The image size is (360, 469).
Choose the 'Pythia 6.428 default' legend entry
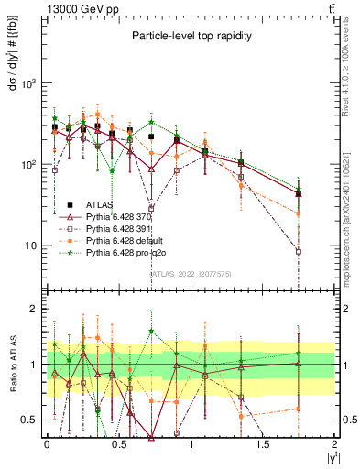click(122, 240)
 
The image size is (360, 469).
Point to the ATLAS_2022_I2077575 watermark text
click(189, 272)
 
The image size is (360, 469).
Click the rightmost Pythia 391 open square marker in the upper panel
click(299, 252)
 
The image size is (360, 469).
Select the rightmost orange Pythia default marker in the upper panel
click(299, 213)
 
